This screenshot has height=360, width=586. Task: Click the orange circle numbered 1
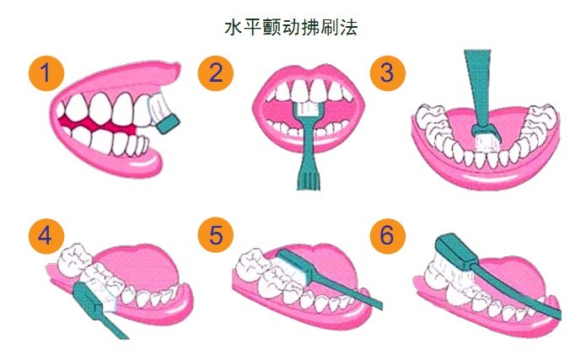tap(46, 73)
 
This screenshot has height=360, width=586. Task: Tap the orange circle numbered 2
tap(216, 73)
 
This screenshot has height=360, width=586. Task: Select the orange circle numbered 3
tap(388, 73)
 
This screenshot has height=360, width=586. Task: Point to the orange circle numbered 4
tap(46, 236)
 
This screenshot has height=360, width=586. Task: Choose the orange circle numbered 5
tap(216, 236)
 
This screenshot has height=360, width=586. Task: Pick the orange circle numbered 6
tap(388, 236)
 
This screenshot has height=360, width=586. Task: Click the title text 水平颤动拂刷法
tap(291, 27)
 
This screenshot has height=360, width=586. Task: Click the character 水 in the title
tap(234, 27)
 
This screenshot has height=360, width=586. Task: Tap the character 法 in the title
tap(348, 27)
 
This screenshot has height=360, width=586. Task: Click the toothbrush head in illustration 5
tap(296, 267)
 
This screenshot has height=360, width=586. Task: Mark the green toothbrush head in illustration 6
tap(456, 250)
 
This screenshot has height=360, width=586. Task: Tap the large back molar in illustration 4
tap(75, 257)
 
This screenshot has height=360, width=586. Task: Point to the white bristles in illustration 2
tap(307, 109)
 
